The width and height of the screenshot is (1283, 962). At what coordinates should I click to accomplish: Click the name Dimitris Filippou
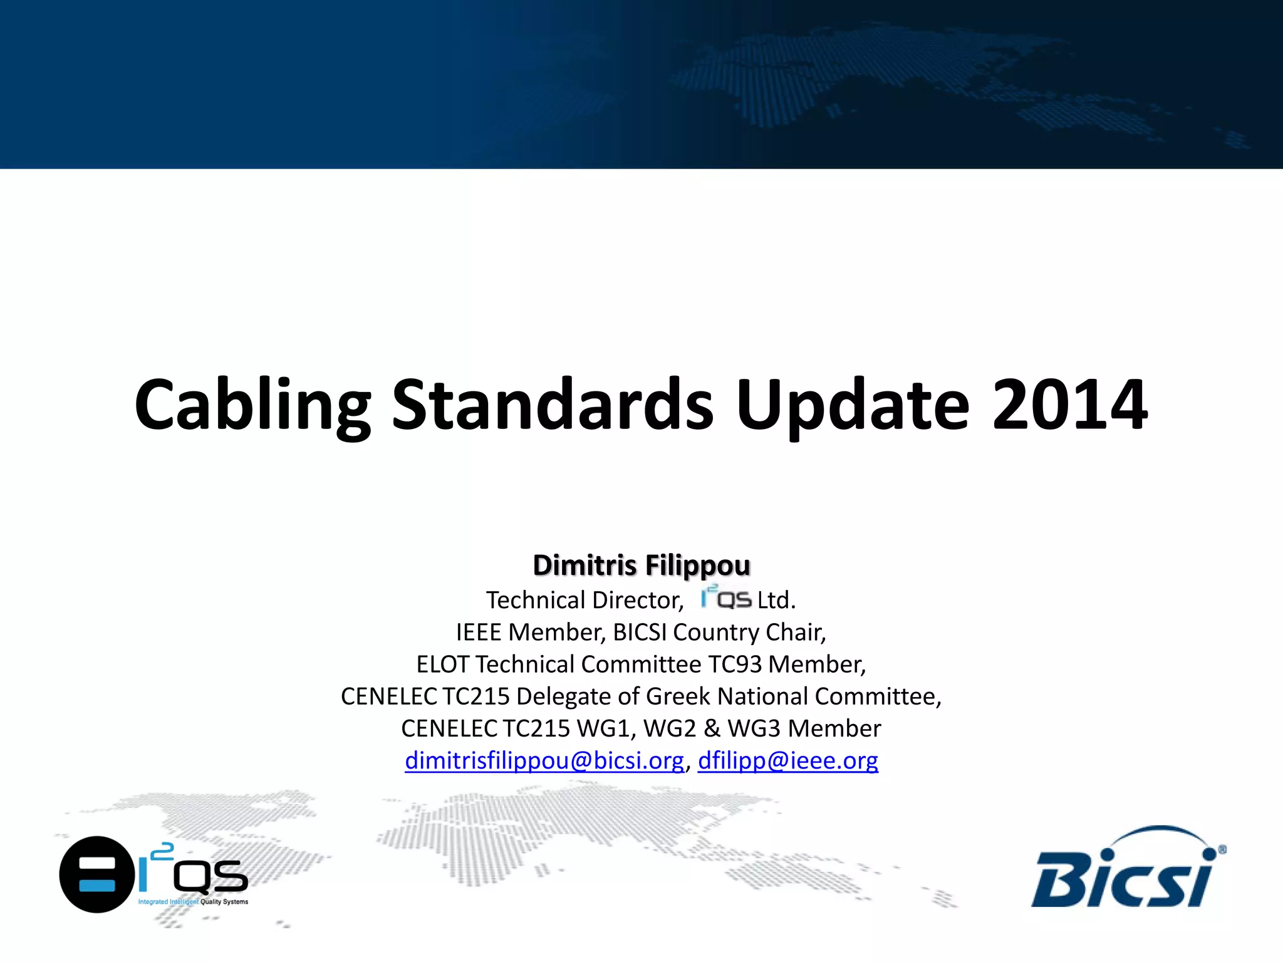[x=641, y=565]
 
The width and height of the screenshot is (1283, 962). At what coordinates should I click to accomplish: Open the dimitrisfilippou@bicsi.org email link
[x=544, y=760]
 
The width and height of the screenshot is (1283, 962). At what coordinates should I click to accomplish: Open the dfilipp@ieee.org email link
[x=787, y=760]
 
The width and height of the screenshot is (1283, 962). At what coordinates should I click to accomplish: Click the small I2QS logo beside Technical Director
[x=725, y=598]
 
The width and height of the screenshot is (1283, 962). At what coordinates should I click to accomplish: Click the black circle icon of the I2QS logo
[x=96, y=874]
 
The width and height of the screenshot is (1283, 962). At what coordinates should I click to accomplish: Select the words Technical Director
[x=584, y=601]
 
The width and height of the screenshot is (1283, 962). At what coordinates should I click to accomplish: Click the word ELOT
[x=442, y=665]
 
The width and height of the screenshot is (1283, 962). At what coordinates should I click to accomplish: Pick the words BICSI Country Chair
[x=719, y=633]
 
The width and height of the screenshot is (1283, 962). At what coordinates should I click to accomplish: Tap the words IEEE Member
[x=531, y=633]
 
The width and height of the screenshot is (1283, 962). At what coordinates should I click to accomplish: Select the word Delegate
[x=564, y=696]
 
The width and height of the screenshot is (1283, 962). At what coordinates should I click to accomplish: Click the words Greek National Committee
[x=792, y=696]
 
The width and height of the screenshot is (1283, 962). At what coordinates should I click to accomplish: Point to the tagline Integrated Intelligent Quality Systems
[x=193, y=902]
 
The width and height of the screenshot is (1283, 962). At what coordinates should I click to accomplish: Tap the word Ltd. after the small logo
[x=776, y=601]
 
